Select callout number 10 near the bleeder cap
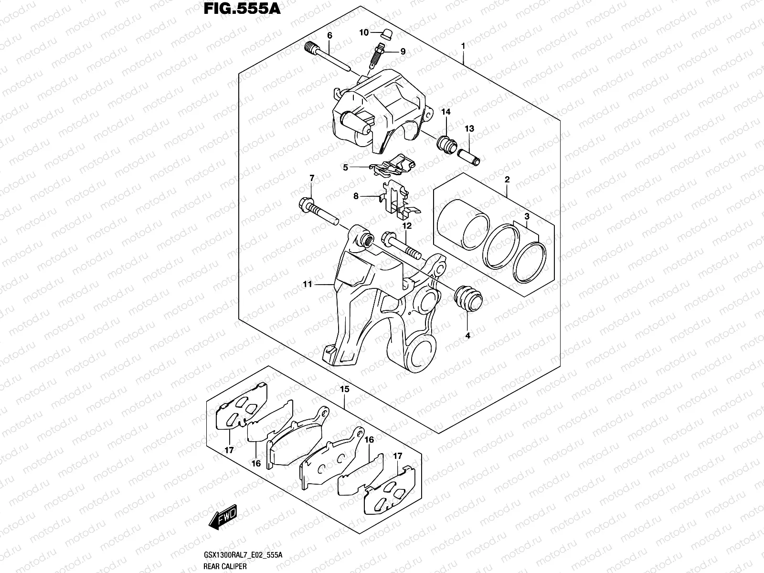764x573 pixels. [364, 32]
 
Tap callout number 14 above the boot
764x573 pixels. [446, 112]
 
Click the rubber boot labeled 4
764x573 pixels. [468, 300]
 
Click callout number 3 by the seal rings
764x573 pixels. [527, 217]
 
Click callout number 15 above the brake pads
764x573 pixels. [344, 390]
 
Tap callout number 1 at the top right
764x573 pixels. [463, 46]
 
